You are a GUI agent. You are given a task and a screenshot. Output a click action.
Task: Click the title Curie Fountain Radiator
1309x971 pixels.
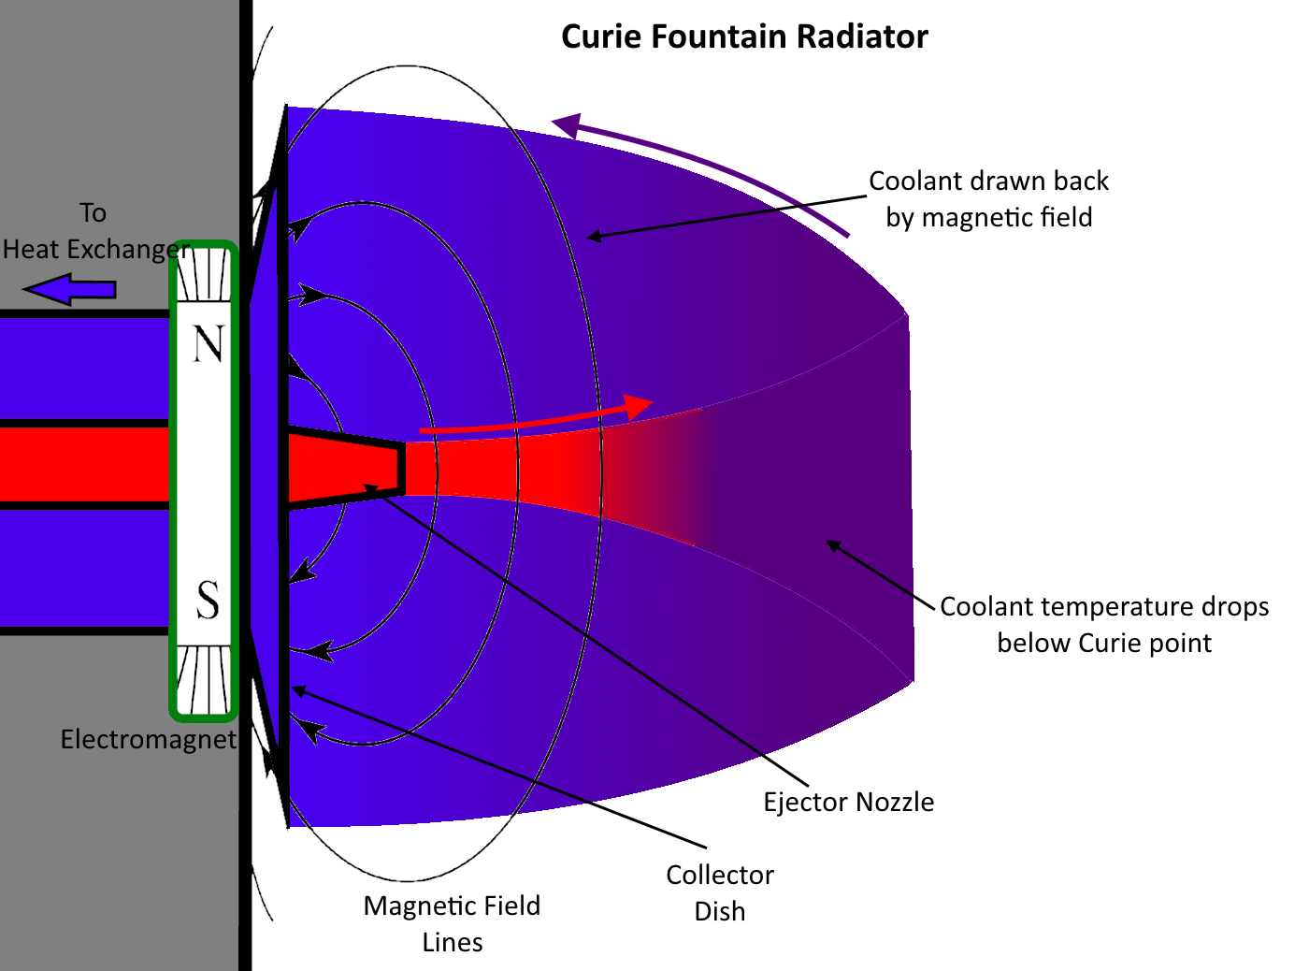[x=744, y=37]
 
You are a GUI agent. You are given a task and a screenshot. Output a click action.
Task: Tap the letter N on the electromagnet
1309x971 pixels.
[x=209, y=345]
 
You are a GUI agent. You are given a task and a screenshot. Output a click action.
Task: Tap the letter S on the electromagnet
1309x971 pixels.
[x=208, y=600]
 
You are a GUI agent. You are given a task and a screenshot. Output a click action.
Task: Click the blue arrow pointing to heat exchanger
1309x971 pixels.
[x=69, y=289]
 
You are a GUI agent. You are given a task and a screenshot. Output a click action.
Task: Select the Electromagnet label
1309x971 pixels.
[x=148, y=740]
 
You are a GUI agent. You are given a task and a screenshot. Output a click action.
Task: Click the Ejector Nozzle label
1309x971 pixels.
[x=848, y=803]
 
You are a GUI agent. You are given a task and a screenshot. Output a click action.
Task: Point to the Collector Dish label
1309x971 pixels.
[x=720, y=892]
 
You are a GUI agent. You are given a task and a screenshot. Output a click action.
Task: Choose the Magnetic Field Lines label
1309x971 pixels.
[x=452, y=923]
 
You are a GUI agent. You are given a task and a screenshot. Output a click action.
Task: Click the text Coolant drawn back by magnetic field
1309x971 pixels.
[x=988, y=199]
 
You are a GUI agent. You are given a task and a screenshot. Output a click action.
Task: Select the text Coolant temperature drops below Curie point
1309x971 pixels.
[x=1104, y=625]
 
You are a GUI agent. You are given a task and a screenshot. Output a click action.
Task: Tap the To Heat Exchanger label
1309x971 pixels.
[x=93, y=231]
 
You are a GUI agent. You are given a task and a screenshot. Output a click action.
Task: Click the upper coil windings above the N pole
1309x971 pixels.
[x=203, y=276]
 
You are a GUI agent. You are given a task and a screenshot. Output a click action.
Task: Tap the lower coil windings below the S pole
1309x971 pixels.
[x=203, y=680]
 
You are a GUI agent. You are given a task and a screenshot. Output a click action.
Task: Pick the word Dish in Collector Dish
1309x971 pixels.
[x=720, y=911]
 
